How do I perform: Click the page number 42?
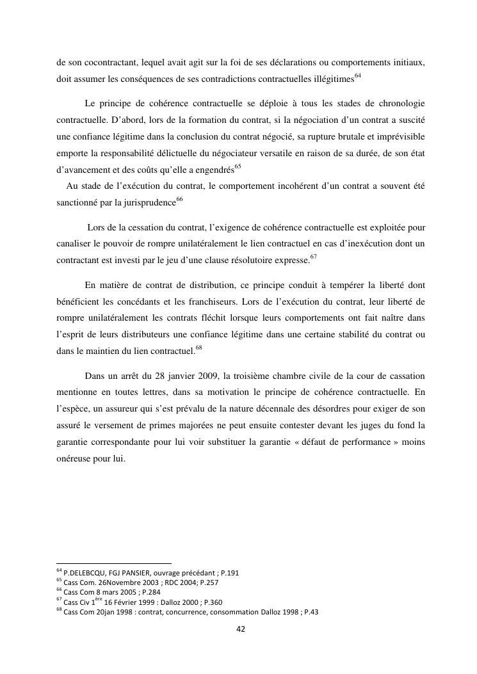coord(241,629)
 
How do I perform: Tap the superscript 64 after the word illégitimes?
coord(358,76)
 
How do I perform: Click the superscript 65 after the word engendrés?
coord(238,167)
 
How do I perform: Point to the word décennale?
coord(268,409)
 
